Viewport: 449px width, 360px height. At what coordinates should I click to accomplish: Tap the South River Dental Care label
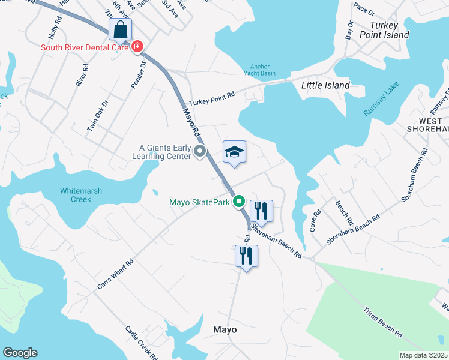coord(85,47)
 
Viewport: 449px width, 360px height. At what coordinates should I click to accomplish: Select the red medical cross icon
coord(138,46)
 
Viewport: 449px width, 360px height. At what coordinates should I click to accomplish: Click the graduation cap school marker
coord(234,152)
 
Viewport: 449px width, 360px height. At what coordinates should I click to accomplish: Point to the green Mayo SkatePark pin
coord(240,202)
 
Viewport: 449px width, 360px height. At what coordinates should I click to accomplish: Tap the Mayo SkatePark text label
coord(199,203)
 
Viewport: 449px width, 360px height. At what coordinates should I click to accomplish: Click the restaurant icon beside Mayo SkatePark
coord(261,211)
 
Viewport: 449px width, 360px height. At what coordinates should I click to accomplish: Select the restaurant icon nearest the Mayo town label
coord(246,256)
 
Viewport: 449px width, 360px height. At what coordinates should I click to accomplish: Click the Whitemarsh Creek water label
coord(76,195)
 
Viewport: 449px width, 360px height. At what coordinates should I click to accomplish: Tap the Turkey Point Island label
coord(390,30)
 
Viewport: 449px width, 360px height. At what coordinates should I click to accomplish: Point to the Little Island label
coord(325,85)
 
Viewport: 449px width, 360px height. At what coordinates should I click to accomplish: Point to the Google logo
coord(20,353)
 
